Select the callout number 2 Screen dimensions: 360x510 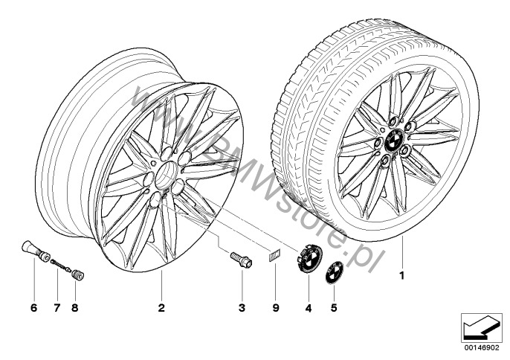coord(161,306)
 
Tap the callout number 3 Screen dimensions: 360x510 coord(242,306)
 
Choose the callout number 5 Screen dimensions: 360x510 coord(334,306)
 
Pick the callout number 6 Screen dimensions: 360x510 coord(33,306)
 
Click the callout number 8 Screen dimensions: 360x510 coord(74,306)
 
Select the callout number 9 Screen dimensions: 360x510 coord(274,306)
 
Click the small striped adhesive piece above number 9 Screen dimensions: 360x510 coord(273,257)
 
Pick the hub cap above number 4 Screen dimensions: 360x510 coord(309,256)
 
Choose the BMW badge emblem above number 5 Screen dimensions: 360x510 coord(335,272)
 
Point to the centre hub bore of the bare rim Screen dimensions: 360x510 coord(166,179)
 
